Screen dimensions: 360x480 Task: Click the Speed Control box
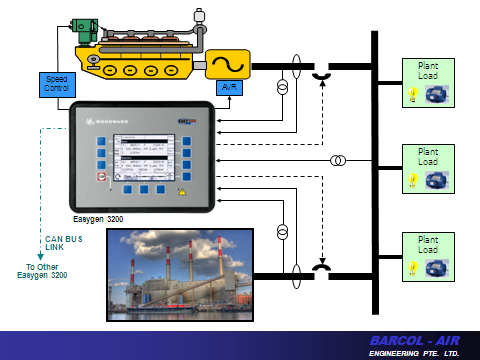click(54, 84)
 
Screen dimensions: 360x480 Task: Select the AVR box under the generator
click(229, 88)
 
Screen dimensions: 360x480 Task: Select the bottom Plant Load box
click(428, 256)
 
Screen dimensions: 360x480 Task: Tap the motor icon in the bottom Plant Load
click(440, 268)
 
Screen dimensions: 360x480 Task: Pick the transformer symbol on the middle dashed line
click(338, 160)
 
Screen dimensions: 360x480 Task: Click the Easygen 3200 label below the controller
click(98, 217)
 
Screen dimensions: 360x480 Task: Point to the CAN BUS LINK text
click(63, 243)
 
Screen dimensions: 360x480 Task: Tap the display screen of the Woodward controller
click(150, 153)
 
